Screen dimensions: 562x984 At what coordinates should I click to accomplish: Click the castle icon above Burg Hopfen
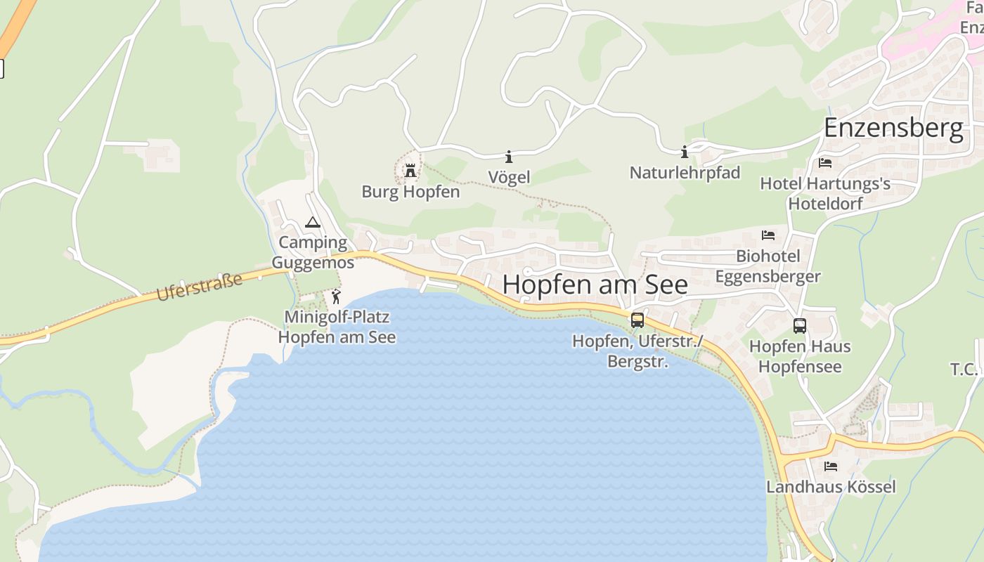[410, 170]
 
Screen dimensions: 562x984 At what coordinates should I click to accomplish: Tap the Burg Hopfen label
[410, 191]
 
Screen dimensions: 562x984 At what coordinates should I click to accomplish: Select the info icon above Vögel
[509, 156]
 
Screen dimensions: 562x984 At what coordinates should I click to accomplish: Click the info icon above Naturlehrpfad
[685, 152]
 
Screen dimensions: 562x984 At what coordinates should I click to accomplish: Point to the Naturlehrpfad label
[685, 172]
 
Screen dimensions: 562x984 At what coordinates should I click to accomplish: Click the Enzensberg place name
[893, 129]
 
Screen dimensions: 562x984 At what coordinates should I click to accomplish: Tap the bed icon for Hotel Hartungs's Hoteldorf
[825, 163]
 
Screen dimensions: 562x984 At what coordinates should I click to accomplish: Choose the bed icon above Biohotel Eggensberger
[768, 235]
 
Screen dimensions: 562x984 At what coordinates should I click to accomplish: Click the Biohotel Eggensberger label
[768, 266]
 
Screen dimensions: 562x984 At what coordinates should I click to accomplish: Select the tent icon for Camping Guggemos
[313, 223]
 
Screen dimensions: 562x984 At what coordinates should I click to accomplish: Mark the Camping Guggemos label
[313, 252]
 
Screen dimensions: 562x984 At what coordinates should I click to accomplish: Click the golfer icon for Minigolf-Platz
[336, 296]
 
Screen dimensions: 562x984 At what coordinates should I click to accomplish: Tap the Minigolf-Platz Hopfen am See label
[337, 327]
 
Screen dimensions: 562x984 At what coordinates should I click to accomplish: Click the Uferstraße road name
[199, 287]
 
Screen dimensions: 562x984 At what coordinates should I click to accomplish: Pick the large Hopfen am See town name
[595, 285]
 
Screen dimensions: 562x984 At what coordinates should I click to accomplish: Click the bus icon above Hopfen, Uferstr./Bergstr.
[637, 320]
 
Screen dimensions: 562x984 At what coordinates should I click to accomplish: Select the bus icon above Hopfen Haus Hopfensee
[800, 326]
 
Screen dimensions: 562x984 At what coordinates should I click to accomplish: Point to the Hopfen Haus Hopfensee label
[800, 356]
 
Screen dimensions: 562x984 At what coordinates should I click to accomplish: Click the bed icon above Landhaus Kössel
[831, 466]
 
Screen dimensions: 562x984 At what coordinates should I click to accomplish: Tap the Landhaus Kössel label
[831, 486]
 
